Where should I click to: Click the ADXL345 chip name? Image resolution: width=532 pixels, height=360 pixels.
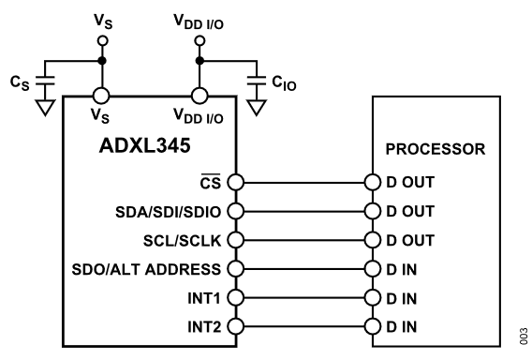(145, 145)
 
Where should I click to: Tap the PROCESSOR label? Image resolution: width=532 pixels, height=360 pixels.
(436, 149)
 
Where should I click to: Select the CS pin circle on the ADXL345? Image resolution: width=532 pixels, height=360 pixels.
(235, 182)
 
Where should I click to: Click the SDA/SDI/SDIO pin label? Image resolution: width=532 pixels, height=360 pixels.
(169, 212)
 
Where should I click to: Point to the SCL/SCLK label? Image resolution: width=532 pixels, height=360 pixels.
(183, 241)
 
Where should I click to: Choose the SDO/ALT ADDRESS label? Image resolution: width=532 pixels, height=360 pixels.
(146, 269)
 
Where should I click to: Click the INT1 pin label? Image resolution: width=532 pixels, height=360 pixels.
(204, 298)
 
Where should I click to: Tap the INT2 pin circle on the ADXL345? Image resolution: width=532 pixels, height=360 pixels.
(235, 326)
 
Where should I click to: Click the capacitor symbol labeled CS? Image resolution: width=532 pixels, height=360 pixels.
(45, 81)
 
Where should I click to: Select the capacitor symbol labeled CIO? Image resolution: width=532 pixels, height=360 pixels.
(257, 81)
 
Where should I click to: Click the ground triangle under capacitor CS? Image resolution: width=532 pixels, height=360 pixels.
(45, 108)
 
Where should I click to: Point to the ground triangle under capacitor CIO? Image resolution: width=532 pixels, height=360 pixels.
(257, 108)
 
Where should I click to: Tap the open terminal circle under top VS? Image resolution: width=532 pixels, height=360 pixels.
(102, 40)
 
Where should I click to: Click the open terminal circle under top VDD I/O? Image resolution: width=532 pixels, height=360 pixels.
(199, 40)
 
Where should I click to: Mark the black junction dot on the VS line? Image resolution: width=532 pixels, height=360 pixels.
(102, 61)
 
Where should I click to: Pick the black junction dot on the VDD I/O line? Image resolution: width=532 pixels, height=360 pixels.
(199, 61)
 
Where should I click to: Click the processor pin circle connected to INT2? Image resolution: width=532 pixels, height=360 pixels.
(373, 326)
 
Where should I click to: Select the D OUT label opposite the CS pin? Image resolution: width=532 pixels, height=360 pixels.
(410, 183)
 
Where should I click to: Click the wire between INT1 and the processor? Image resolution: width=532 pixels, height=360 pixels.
(304, 298)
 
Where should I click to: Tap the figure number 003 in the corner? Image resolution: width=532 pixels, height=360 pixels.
(524, 337)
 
